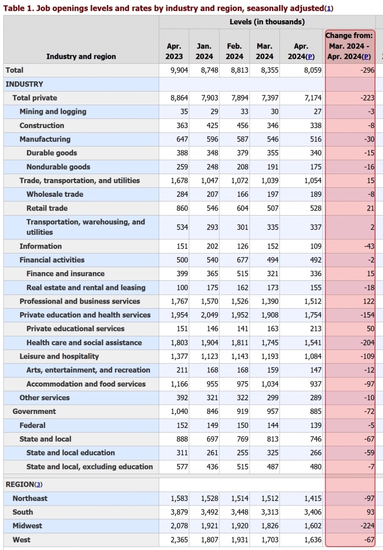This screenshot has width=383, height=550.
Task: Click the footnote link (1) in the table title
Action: (x=329, y=8)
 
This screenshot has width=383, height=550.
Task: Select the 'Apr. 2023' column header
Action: (x=174, y=51)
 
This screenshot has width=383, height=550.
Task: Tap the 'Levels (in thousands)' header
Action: (x=267, y=22)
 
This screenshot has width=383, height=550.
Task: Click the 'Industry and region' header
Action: (x=81, y=56)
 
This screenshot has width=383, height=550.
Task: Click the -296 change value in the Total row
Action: (x=367, y=70)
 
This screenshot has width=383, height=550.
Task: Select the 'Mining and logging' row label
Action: (x=53, y=112)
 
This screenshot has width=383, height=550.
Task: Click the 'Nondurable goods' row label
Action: (x=58, y=167)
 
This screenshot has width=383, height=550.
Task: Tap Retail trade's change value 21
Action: (x=370, y=208)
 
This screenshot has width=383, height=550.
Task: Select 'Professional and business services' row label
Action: (x=80, y=302)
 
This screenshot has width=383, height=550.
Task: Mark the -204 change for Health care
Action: (x=367, y=343)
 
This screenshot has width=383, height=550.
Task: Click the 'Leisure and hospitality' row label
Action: (x=59, y=357)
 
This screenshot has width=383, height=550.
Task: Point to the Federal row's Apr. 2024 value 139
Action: (x=315, y=426)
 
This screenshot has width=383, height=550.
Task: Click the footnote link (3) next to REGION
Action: (x=38, y=485)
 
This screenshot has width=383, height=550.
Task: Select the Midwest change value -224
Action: (x=367, y=526)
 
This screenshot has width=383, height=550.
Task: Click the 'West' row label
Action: (x=21, y=540)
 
